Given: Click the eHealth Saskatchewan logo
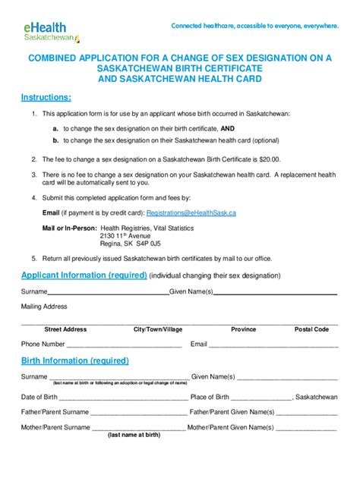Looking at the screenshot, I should pos(52,32).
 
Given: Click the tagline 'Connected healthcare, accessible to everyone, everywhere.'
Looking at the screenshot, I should pos(254,26).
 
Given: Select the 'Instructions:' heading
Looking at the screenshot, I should pos(46,97).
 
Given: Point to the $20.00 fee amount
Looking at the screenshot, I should pos(270,160).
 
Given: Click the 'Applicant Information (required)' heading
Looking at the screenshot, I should pos(84,275).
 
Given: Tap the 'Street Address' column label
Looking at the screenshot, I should pos(65,329).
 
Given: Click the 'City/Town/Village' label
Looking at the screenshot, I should pos(158,329).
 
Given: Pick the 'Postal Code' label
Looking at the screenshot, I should pos(311,329).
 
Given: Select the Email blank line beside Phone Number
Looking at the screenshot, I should pos(273,345).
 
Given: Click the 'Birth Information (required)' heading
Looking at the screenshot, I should pos(74,360).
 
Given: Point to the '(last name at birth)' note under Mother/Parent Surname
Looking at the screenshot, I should pos(134,435).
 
